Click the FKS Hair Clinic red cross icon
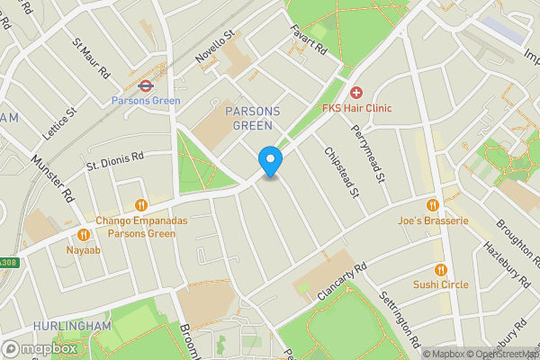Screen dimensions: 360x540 click(x=356, y=93)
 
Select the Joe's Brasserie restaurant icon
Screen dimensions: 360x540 click(x=432, y=205)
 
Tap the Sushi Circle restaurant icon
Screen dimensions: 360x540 click(x=440, y=269)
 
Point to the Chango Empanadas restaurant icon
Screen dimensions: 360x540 click(x=139, y=205)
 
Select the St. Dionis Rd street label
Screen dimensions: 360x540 click(x=115, y=161)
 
